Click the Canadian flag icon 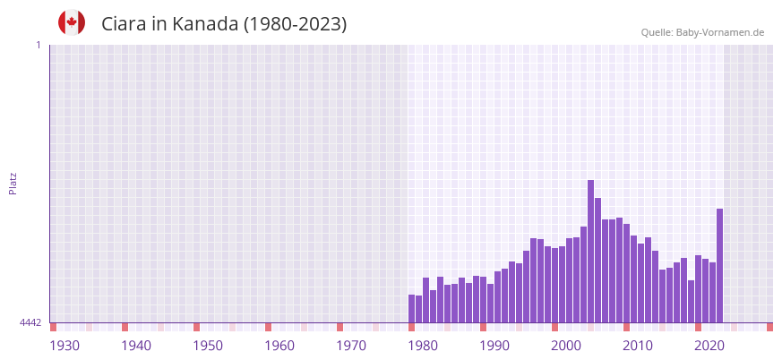coord(72,22)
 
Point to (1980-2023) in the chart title coord(295,24)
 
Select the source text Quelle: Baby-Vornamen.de coord(702,33)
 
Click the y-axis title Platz coord(13,183)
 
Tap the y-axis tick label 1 coord(38,45)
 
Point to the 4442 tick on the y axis coord(30,322)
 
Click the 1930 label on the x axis coord(64,346)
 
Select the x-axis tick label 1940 coord(136,346)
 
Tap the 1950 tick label coord(208,346)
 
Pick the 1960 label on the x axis coord(279,346)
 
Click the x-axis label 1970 coord(351,346)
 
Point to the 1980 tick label coord(423,346)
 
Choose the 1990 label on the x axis coord(494,346)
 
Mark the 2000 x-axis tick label coord(566,346)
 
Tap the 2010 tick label coord(638,346)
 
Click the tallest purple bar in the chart coord(591,251)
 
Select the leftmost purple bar coord(412,309)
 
